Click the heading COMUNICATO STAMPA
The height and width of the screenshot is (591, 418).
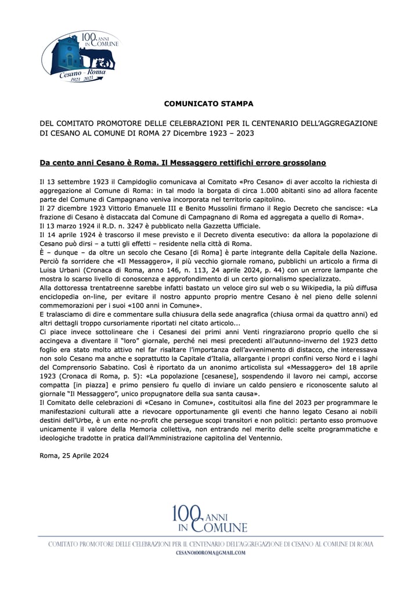tap(208, 104)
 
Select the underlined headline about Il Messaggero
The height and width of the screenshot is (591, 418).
tap(182, 163)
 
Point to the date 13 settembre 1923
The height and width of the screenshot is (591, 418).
tap(80, 182)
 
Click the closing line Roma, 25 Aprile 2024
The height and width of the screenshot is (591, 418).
tap(74, 456)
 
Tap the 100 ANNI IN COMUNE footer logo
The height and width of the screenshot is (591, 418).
tap(210, 519)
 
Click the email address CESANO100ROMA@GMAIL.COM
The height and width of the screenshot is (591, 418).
tap(210, 553)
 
